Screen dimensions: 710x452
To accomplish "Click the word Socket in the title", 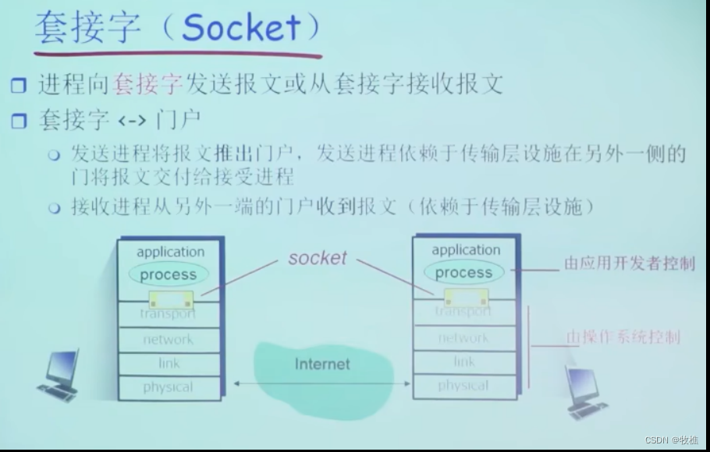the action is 240,29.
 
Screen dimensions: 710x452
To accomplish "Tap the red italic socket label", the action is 317,258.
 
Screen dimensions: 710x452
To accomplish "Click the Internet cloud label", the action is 322,364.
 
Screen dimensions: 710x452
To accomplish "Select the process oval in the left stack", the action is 168,274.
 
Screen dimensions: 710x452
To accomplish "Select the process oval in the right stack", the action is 463,273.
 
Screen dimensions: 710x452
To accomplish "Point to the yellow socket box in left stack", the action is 172,299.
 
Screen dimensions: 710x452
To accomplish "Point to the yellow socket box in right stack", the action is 466,297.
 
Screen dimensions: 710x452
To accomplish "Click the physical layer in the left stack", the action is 168,387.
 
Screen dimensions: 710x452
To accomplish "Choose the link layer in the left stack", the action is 169,363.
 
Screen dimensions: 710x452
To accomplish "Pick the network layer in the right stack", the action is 463,338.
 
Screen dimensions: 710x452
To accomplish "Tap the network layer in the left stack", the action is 168,339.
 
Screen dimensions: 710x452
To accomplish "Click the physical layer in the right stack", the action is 463,386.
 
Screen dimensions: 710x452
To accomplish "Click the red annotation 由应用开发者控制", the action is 629,263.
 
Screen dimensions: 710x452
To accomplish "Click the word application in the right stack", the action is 466,250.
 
